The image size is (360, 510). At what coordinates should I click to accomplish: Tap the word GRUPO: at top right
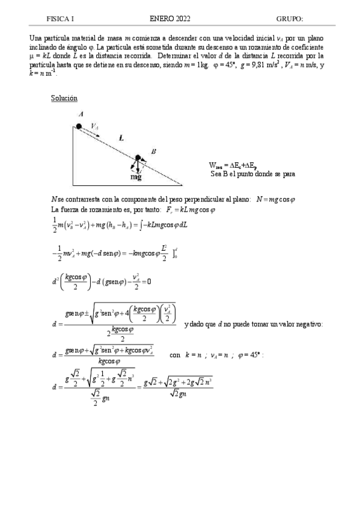pos(290,19)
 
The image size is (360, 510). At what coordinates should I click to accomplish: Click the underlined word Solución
pos(64,98)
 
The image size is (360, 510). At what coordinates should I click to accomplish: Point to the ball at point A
pos(79,126)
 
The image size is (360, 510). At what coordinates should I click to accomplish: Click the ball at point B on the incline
pos(137,158)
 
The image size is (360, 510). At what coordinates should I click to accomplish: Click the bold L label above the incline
pos(121,138)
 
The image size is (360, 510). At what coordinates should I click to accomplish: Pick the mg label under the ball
pos(136,177)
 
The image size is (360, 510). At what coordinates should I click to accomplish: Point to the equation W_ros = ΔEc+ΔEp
pos(233,165)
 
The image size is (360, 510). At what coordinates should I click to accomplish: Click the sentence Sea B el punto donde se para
pos(252,174)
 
